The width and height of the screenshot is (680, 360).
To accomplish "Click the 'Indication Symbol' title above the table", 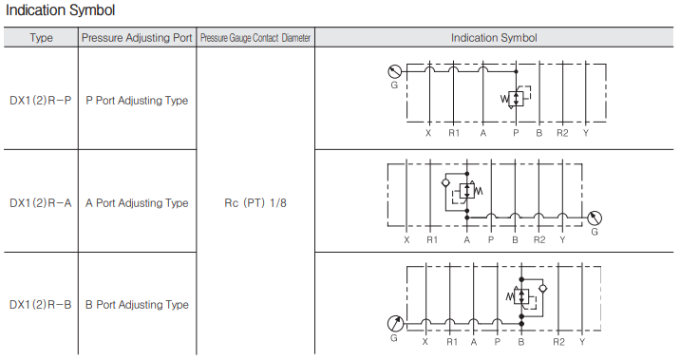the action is tap(60, 10).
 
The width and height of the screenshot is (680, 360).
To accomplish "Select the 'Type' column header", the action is tap(41, 38).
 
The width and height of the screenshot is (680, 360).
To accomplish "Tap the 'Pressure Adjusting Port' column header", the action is tap(137, 38).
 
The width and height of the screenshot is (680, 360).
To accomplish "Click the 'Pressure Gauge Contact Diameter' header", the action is tap(255, 38).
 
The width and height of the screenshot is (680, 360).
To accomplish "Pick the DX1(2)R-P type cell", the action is tap(40, 101).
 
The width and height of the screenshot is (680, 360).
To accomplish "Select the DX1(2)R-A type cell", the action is tap(40, 203).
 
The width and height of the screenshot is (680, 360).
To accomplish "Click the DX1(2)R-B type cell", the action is tap(40, 305).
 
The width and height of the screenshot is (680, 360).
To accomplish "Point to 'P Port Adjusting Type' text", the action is tap(137, 101).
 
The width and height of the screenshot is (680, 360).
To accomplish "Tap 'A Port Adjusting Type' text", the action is tap(137, 203).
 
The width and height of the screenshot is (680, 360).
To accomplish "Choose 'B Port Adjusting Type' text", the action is tap(137, 305).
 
